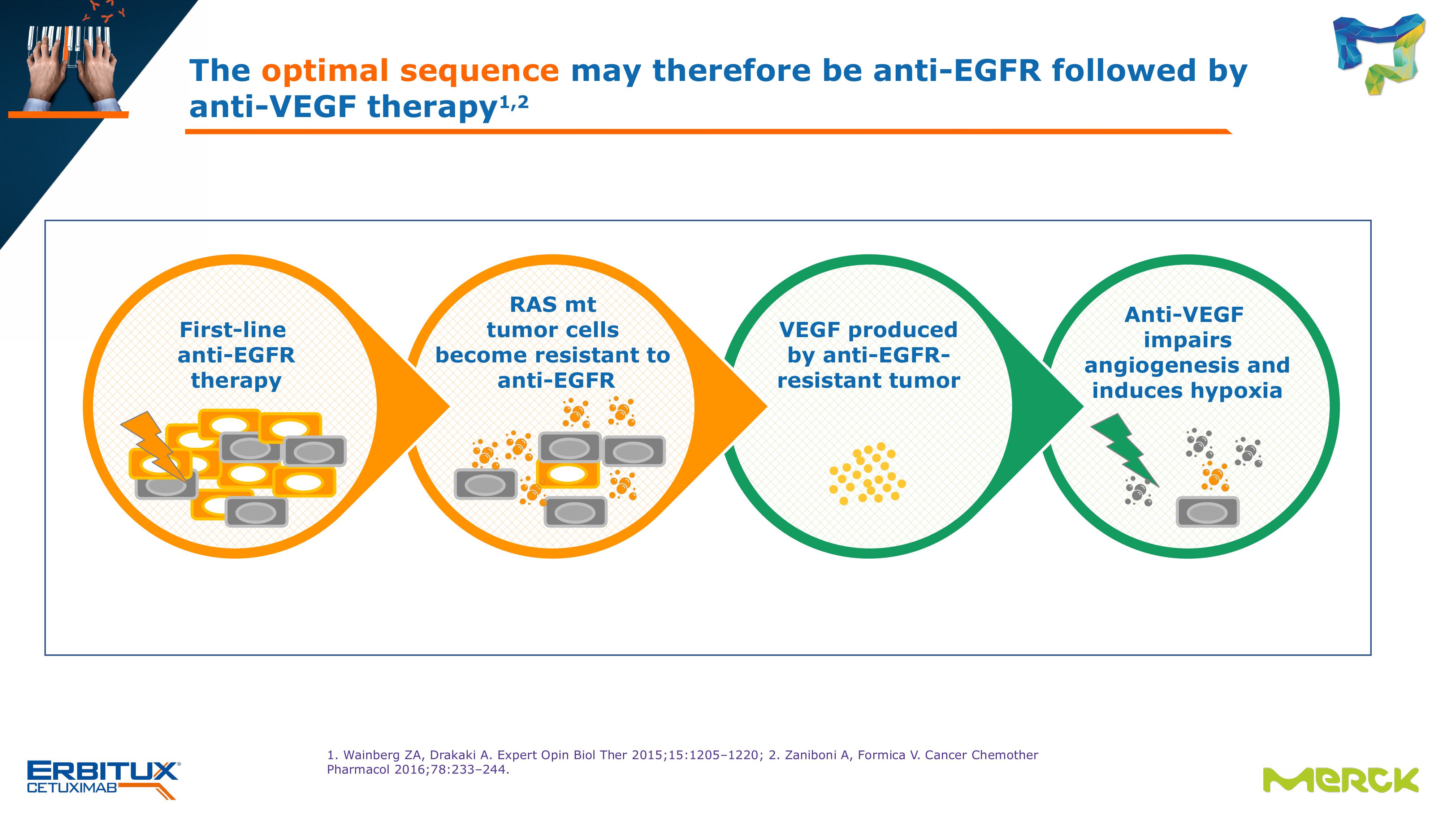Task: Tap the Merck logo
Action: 1340,780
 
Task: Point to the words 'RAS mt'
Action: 553,304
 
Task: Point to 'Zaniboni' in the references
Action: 812,755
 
